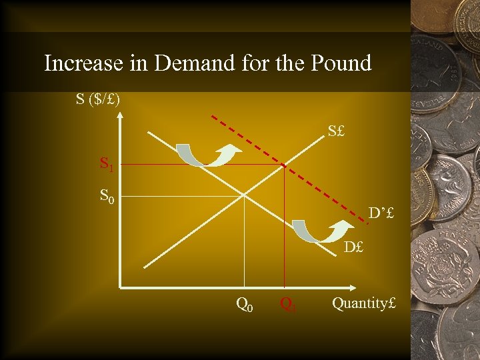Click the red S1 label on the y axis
tap(107, 163)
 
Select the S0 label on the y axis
tap(107, 196)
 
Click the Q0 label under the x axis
tap(245, 305)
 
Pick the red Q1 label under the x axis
tap(288, 305)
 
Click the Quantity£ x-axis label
tap(363, 303)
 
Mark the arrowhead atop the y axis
tap(120, 115)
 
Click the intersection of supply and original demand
tap(245, 195)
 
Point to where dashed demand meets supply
tap(285, 164)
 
